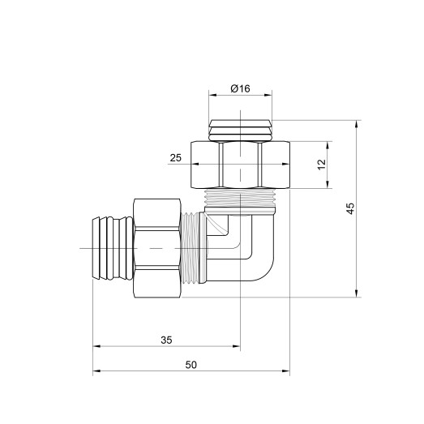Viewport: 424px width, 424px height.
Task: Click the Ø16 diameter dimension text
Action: click(240, 88)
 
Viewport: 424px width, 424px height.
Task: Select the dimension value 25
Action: click(176, 159)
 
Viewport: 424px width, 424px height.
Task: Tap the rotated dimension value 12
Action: click(321, 164)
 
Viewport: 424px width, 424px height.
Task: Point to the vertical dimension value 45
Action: click(350, 208)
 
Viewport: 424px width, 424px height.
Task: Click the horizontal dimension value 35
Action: click(166, 340)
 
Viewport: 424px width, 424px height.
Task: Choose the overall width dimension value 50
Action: click(191, 366)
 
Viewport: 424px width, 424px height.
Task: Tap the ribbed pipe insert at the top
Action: click(240, 130)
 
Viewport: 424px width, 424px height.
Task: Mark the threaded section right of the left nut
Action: click(192, 247)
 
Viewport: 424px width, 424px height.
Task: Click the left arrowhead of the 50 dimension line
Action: click(96, 373)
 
